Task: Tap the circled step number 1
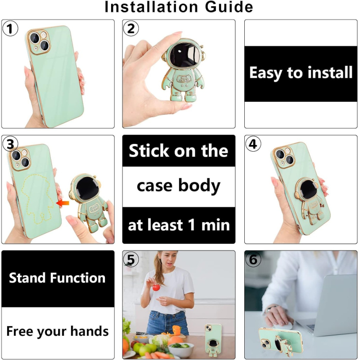point(10,29)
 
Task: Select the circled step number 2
point(132,29)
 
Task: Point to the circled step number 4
point(254,145)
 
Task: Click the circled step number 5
point(132,260)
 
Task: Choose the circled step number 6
point(254,260)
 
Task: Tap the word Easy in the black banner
point(266,73)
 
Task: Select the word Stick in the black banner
point(149,151)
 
